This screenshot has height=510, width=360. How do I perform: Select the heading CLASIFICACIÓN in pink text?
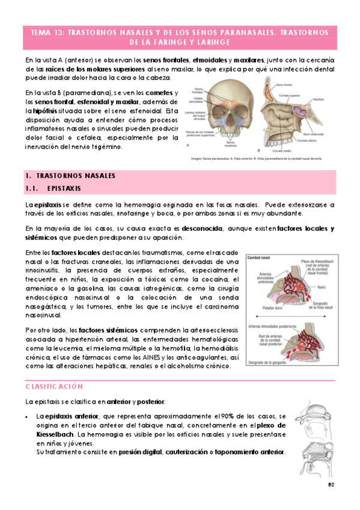click(x=54, y=386)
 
